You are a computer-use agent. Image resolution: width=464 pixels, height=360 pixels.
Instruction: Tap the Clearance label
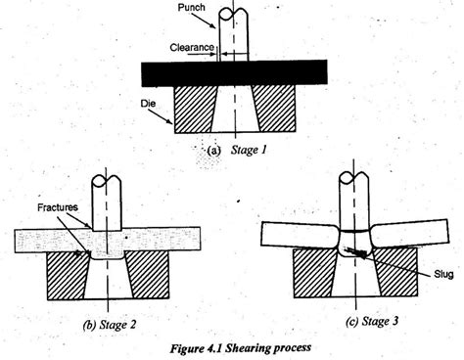tap(191, 46)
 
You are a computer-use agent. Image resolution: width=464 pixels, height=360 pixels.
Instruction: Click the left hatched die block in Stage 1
tap(196, 107)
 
